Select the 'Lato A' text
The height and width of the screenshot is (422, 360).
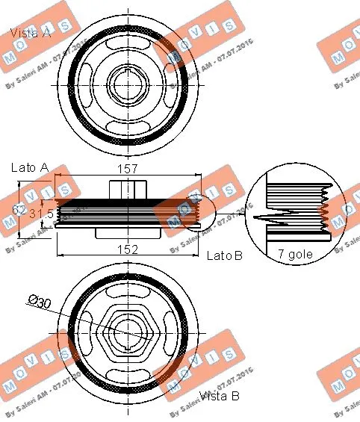tap(29, 169)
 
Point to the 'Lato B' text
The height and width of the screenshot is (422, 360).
tap(225, 255)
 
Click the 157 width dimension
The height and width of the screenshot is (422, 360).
tap(128, 169)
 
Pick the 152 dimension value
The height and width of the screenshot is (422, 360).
tap(128, 249)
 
